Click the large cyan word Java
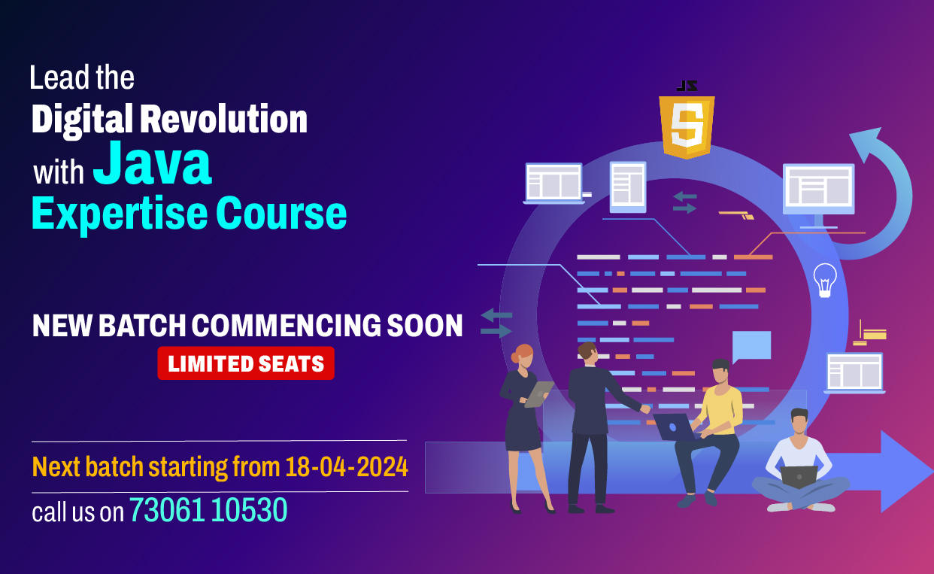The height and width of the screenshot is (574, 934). click(x=152, y=163)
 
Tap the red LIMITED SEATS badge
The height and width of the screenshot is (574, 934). click(x=246, y=363)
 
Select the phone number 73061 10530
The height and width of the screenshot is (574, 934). click(x=208, y=510)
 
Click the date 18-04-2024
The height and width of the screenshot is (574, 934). click(x=347, y=466)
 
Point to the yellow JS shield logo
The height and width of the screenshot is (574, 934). click(x=687, y=126)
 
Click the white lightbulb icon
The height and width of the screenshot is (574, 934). click(x=825, y=280)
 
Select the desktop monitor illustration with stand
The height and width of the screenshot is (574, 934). click(x=818, y=196)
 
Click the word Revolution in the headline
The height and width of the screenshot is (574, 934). click(x=223, y=120)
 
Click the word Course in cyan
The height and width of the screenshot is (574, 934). click(x=281, y=214)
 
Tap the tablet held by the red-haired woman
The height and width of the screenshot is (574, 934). click(x=538, y=394)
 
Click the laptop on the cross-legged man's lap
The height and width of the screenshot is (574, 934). click(x=799, y=476)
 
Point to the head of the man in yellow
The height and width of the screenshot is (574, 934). click(x=721, y=371)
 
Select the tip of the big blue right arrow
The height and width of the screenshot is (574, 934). click(x=932, y=472)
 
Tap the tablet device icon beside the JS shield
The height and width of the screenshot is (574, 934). click(x=628, y=187)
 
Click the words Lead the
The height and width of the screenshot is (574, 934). click(x=82, y=77)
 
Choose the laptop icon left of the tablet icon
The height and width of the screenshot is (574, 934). click(x=553, y=183)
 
